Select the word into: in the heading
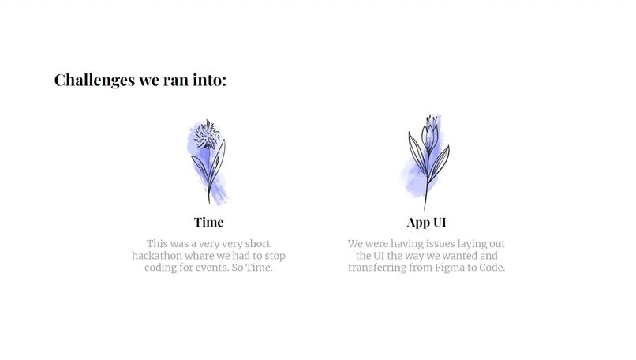(x=209, y=80)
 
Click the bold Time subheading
(x=208, y=222)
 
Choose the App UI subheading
(x=427, y=222)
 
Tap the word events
(x=222, y=268)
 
